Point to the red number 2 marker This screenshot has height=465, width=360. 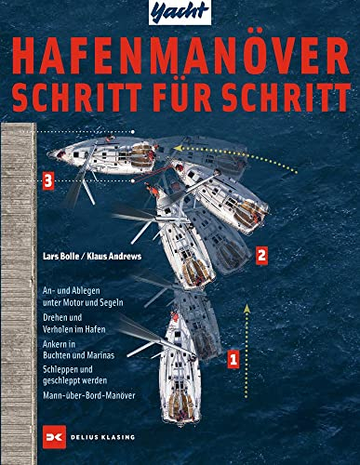(262, 253)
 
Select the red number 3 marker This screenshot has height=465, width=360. (47, 181)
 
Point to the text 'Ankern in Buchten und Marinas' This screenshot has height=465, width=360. (73, 350)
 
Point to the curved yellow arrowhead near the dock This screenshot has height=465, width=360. (177, 146)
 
